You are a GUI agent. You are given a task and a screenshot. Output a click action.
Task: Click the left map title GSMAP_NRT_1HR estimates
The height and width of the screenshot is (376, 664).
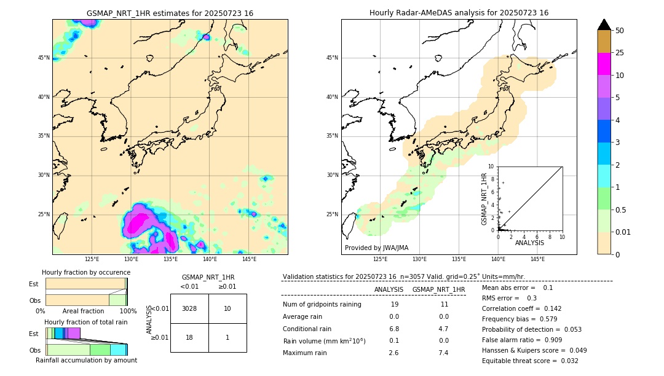[x=170, y=13]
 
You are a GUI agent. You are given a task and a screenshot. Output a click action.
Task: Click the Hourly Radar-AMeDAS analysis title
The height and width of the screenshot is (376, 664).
[x=459, y=13]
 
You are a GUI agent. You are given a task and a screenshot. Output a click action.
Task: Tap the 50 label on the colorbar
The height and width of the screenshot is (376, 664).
[x=620, y=31]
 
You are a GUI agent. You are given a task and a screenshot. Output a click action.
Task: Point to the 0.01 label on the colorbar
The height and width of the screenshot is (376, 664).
[x=623, y=232]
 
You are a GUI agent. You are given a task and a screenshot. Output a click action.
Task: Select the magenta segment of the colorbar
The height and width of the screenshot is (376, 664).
[x=604, y=64]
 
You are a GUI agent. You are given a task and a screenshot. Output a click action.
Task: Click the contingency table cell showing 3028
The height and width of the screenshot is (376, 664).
[x=189, y=308]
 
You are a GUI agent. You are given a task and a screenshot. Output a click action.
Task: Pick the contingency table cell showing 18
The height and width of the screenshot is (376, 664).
[x=189, y=337]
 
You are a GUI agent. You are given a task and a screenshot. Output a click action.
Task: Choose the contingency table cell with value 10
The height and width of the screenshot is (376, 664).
[x=227, y=308]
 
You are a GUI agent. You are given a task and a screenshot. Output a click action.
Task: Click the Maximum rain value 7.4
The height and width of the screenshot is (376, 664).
[x=443, y=353]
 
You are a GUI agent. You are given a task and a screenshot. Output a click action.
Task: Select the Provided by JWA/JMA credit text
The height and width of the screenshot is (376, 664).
[x=376, y=248]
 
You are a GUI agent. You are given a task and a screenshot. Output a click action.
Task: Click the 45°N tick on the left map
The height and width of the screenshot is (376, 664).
[x=44, y=58]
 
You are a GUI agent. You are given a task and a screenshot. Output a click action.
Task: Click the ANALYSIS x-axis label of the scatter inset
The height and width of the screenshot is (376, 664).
[x=529, y=243]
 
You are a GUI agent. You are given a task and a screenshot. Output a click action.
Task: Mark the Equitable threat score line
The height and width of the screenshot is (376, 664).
[x=530, y=361]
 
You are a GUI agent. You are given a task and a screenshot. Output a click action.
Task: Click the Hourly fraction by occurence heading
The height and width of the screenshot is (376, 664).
[x=86, y=272]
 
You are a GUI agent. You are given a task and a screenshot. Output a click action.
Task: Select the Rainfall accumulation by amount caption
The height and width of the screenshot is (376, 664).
[x=86, y=360]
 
